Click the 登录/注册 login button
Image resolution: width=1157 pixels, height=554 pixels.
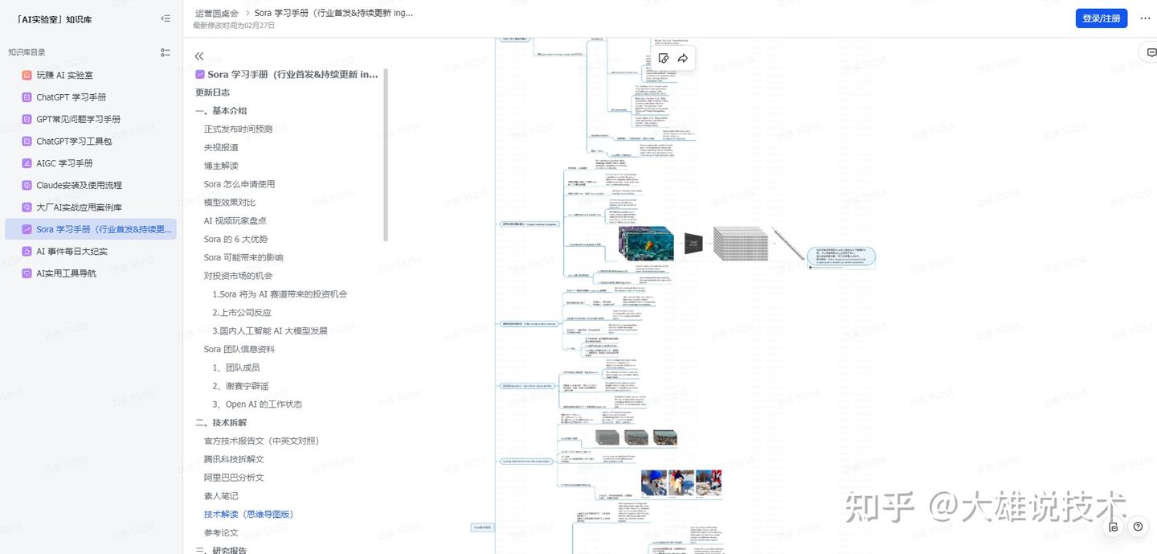1101,18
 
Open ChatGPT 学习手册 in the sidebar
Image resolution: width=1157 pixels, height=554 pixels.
71,97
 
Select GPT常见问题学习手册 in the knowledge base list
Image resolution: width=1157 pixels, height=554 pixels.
78,119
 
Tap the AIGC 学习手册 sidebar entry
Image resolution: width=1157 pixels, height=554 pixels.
65,163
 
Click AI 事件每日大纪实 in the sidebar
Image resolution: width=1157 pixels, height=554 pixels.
72,252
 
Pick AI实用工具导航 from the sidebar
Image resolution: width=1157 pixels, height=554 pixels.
66,273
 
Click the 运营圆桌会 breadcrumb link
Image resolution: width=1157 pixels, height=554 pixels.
217,13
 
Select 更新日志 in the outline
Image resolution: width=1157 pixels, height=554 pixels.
212,92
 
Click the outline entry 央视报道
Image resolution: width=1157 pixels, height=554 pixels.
221,147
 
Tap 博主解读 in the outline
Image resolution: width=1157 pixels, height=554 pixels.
221,166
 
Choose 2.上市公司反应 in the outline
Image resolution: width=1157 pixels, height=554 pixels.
242,313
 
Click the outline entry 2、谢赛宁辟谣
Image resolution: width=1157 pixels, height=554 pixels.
240,386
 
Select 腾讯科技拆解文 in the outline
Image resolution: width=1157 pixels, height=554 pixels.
234,459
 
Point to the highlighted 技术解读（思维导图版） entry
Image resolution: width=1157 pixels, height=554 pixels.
248,514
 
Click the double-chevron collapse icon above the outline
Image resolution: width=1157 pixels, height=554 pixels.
199,56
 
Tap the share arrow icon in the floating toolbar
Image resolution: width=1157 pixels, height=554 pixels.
683,58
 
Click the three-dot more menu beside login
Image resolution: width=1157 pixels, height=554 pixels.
1145,18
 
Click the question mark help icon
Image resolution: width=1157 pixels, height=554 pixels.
1138,527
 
